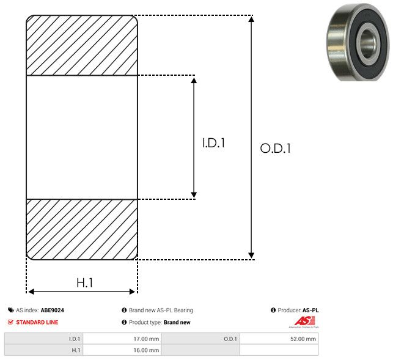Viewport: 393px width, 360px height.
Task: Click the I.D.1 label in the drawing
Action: [213, 143]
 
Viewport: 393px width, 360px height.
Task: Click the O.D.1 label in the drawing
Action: [276, 148]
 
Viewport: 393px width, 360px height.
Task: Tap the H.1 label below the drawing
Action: [85, 283]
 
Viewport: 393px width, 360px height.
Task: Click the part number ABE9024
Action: [53, 310]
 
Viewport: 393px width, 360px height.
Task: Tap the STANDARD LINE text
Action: [37, 322]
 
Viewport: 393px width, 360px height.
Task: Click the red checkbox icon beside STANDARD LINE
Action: [10, 322]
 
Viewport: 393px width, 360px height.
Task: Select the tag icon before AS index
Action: [11, 310]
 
